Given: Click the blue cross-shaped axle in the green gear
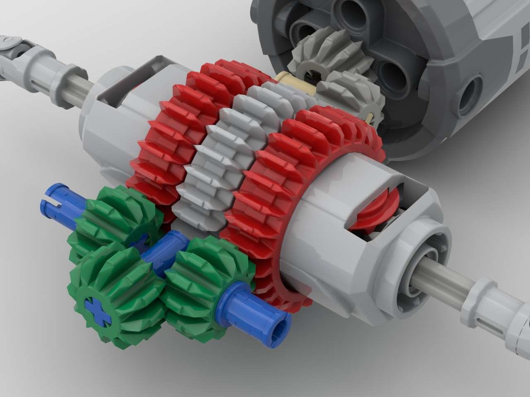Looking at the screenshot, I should [x=99, y=311].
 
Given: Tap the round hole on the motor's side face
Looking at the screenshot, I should [x=469, y=95].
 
